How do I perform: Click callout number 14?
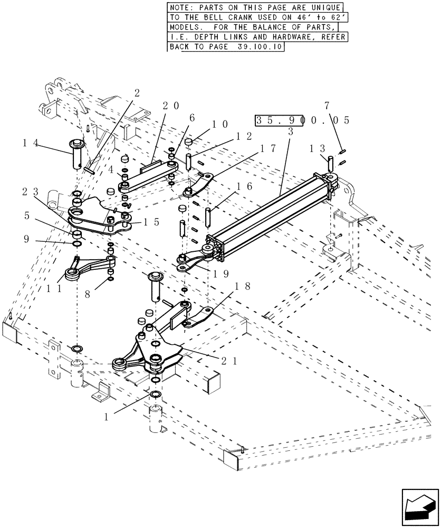pyautogui.click(x=30, y=142)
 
